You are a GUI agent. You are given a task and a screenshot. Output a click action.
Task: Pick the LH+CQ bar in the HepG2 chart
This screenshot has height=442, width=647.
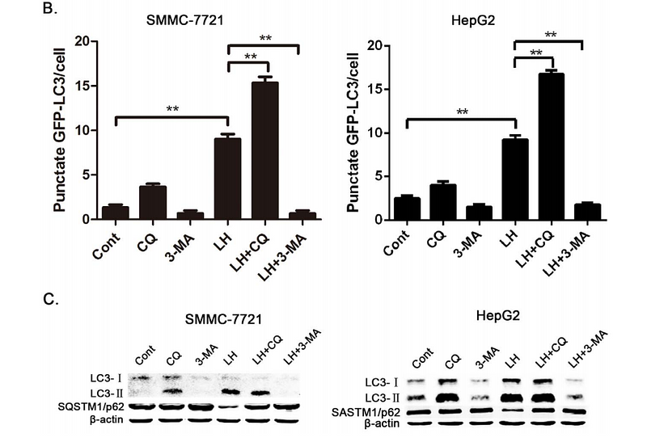(549, 145)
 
